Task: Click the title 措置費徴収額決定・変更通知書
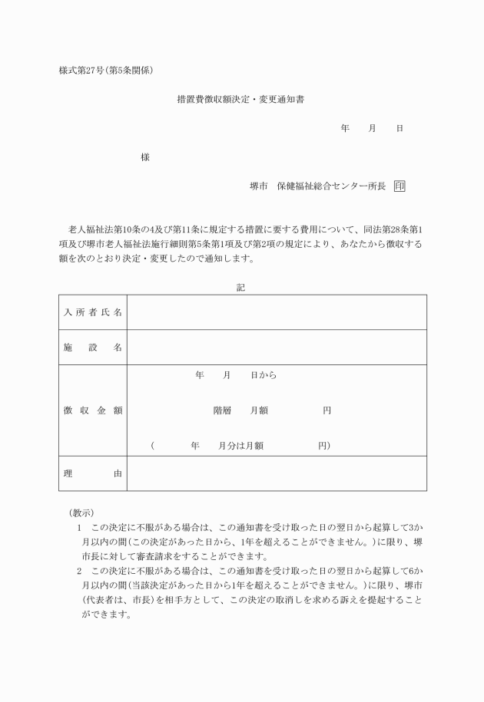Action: pos(241,99)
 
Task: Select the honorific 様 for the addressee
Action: pos(144,157)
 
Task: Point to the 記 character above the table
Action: pos(241,287)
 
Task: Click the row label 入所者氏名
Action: pos(92,312)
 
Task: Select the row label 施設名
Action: pos(92,348)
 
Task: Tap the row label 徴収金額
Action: pos(92,410)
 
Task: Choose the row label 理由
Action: pos(92,473)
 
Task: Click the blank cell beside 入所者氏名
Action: pos(277,312)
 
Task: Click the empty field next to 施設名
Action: pos(277,348)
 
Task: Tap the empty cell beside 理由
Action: pos(277,473)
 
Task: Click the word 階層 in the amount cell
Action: pos(222,410)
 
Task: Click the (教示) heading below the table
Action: pos(81,512)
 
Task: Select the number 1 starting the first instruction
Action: pos(79,528)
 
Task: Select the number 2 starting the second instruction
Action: pos(79,572)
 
